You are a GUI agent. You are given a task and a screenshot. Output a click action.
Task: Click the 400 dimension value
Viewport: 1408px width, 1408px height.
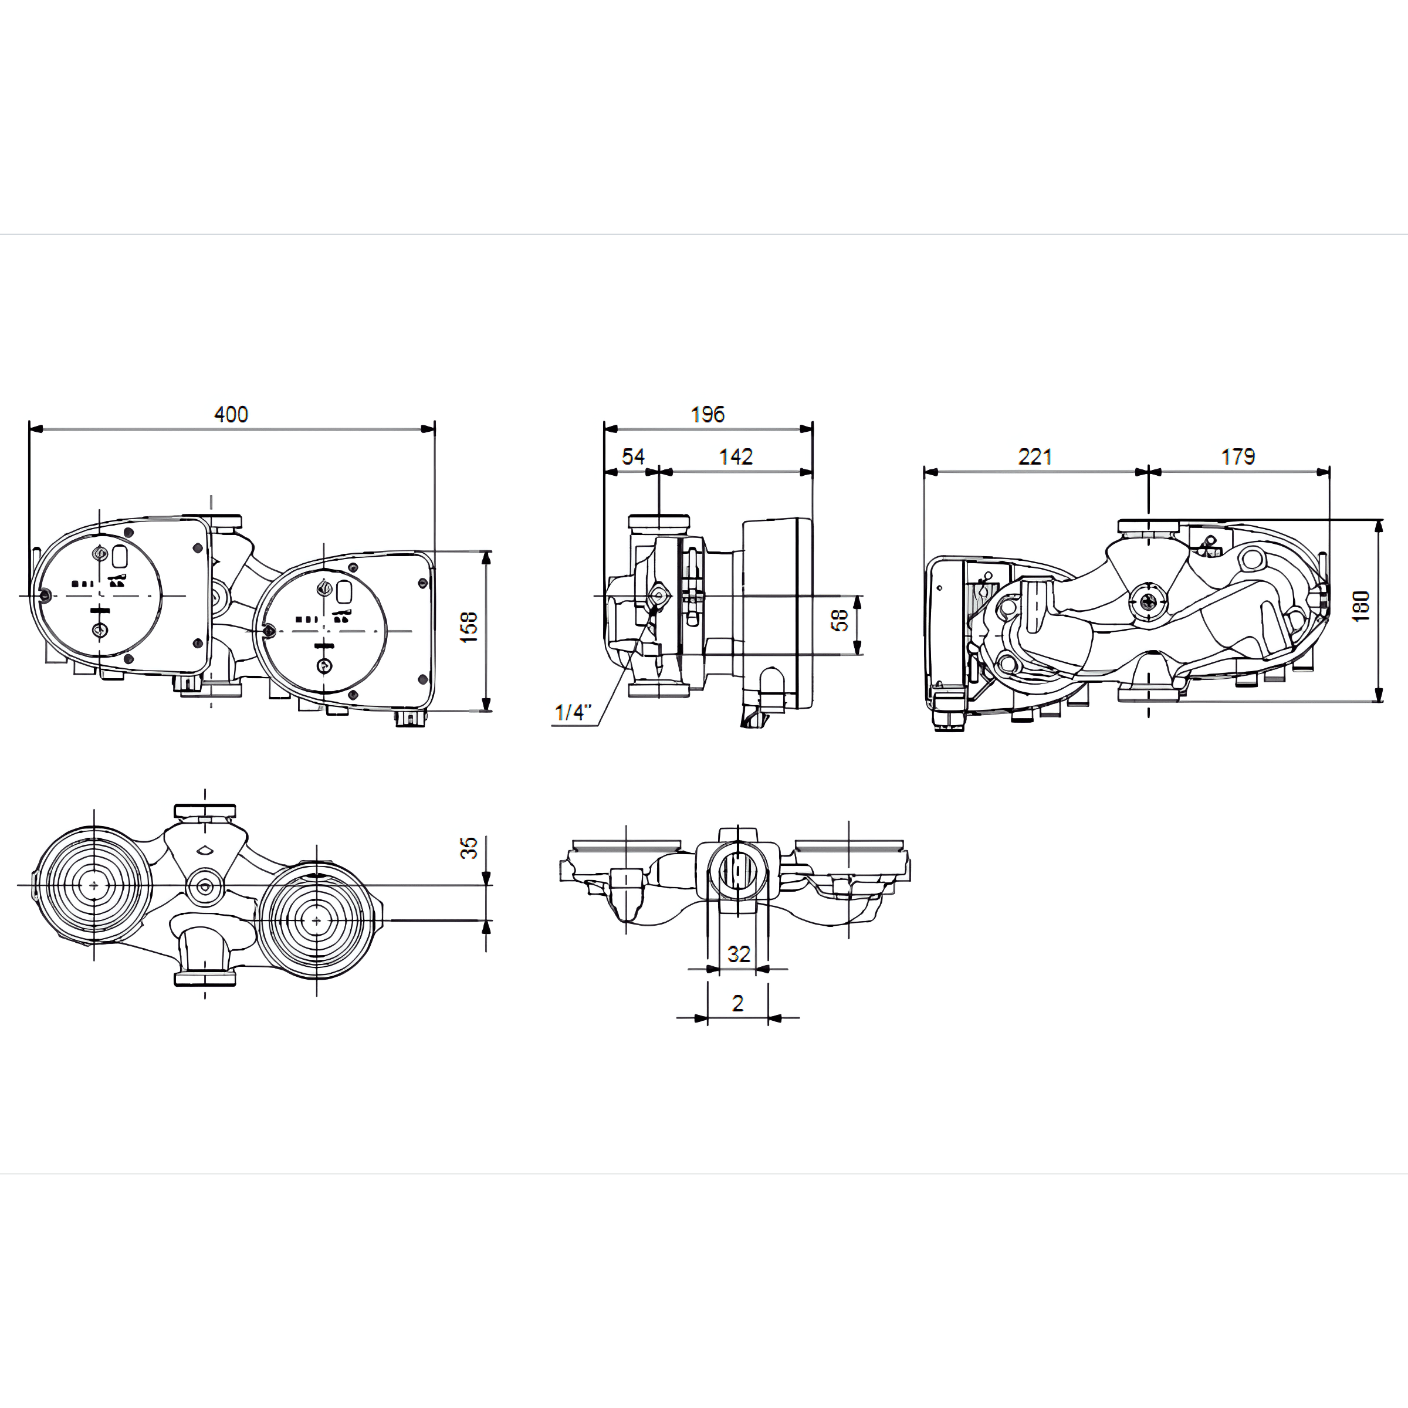pyautogui.click(x=231, y=415)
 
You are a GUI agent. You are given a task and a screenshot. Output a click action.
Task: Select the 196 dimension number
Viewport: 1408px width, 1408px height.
pyautogui.click(x=708, y=415)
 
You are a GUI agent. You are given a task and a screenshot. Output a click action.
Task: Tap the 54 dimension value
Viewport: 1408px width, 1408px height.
pyautogui.click(x=634, y=457)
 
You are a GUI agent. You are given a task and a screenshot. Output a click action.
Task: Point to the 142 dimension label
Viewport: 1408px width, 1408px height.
pyautogui.click(x=736, y=457)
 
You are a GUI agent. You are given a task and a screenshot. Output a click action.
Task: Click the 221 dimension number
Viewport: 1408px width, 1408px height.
pyautogui.click(x=1035, y=457)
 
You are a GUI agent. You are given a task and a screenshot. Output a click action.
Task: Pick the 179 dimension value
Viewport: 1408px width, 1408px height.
pyautogui.click(x=1238, y=457)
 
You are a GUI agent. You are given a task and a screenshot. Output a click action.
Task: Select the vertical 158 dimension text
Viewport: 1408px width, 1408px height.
pyautogui.click(x=469, y=628)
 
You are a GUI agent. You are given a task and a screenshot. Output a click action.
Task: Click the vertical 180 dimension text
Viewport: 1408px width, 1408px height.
pyautogui.click(x=1360, y=607)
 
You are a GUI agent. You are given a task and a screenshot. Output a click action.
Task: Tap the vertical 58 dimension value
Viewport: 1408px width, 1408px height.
pyautogui.click(x=840, y=620)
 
